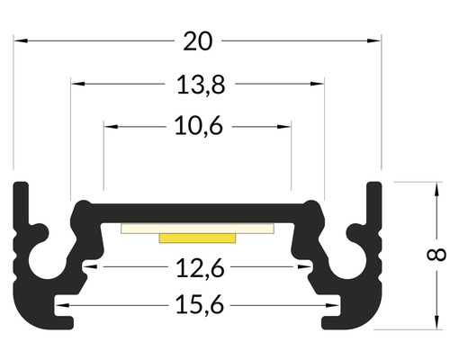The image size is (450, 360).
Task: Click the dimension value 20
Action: (x=198, y=41)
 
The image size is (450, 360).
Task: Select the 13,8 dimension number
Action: (x=200, y=85)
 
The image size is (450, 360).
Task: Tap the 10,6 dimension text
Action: (x=199, y=126)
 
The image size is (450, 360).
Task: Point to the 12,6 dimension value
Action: (x=200, y=268)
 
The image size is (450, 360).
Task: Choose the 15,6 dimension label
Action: (x=200, y=305)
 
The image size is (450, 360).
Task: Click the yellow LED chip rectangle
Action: (x=197, y=238)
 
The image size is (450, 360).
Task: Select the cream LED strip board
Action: (x=197, y=229)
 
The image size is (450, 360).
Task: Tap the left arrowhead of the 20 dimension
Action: (x=21, y=40)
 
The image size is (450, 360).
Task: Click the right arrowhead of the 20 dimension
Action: (x=374, y=40)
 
